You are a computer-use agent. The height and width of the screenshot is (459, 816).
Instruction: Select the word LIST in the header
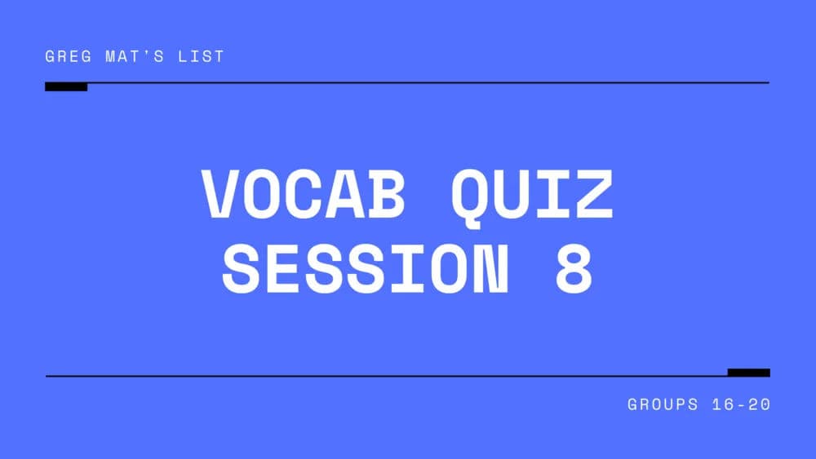[204, 57]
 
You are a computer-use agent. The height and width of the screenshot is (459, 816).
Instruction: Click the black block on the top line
[66, 86]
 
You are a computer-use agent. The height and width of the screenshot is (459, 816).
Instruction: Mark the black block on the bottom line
[748, 373]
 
